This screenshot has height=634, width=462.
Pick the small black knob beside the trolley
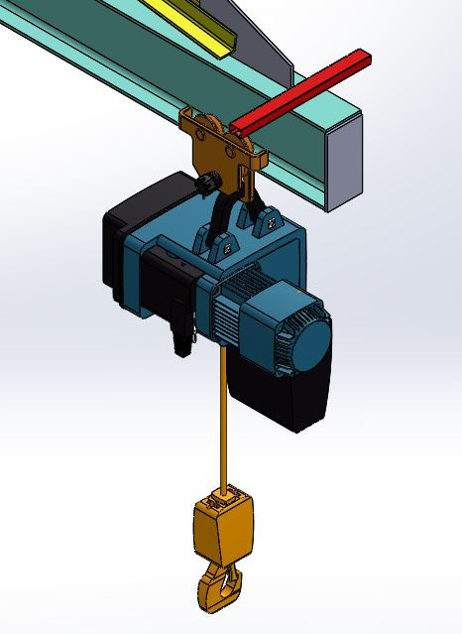tap(208, 184)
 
